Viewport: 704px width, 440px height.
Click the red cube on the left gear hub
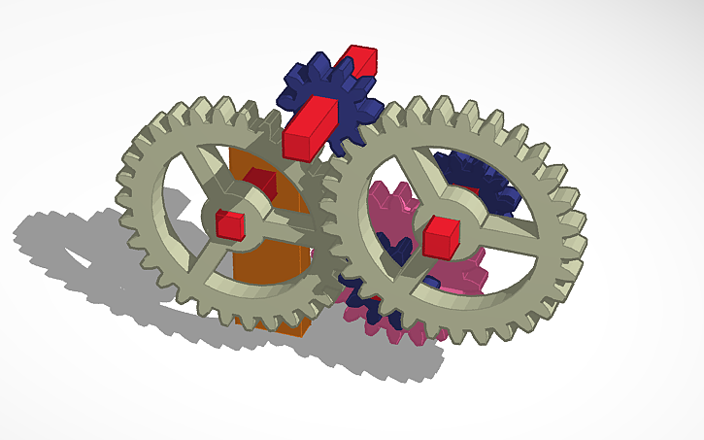pyautogui.click(x=229, y=222)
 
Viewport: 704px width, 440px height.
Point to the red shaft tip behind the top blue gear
pyautogui.click(x=361, y=60)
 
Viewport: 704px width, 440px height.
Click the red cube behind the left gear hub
pyautogui.click(x=260, y=179)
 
